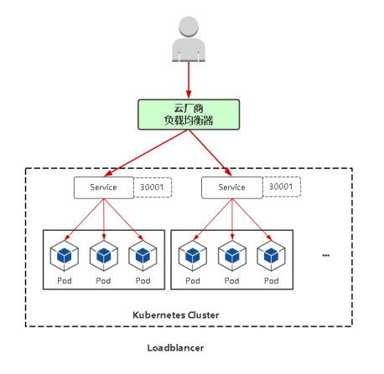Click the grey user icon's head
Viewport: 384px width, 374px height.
(189, 26)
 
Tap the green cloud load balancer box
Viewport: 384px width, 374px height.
(189, 115)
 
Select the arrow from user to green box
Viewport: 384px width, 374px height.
(189, 80)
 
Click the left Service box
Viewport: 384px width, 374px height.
(104, 187)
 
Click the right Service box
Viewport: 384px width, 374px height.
(232, 187)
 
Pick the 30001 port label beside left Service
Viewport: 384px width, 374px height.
(152, 187)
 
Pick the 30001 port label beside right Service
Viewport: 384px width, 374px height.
(281, 187)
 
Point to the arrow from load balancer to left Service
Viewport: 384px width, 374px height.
(146, 153)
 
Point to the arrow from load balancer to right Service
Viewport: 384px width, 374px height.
(210, 153)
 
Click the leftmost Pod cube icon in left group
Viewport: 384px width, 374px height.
(65, 256)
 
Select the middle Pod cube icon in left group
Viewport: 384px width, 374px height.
(104, 256)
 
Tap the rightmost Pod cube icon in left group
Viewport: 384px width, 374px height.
(143, 256)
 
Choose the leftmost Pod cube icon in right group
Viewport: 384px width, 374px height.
(193, 256)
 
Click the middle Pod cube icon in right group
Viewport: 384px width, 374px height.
(232, 256)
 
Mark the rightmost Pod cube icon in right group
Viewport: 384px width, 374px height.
(271, 256)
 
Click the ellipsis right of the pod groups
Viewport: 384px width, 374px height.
(326, 255)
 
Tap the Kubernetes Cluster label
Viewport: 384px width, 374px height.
(176, 315)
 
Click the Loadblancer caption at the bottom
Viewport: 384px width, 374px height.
(175, 348)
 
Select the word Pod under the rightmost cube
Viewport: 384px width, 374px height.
(272, 280)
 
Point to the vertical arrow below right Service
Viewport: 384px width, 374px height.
(232, 219)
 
